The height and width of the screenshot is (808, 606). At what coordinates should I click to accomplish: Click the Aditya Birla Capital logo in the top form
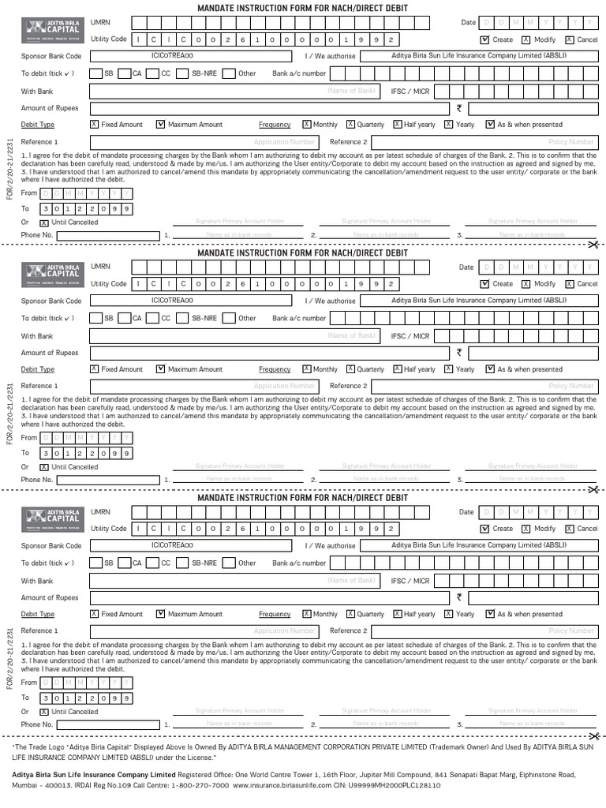52,31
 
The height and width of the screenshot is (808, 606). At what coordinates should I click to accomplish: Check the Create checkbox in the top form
484,39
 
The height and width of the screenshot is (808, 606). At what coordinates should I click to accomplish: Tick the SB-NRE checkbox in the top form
184,74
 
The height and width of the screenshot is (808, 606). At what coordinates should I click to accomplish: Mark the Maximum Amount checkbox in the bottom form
160,614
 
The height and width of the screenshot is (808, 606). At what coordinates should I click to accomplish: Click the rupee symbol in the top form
458,108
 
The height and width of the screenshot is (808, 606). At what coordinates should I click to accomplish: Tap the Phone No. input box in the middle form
108,480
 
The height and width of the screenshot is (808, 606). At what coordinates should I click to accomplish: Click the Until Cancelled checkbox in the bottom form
44,712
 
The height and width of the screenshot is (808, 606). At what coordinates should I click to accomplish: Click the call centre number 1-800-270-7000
201,786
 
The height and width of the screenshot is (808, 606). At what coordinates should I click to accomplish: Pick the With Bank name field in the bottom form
237,581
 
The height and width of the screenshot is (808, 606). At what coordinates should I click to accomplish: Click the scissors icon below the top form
593,245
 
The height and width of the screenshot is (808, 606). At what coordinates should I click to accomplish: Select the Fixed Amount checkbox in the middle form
94,369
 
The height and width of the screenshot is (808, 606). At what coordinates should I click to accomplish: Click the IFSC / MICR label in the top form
410,92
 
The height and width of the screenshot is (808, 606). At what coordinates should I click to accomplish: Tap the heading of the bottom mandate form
302,498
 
